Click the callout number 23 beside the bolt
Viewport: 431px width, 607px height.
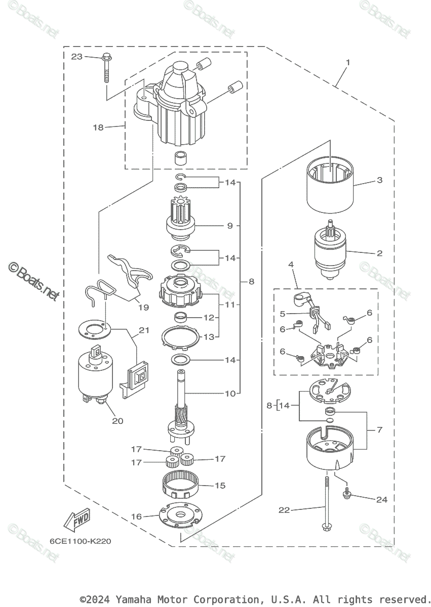[x=77, y=57]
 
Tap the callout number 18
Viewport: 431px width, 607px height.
[x=98, y=127]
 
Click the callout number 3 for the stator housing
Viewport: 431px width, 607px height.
[x=380, y=180]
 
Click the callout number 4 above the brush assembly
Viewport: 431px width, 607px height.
[x=291, y=264]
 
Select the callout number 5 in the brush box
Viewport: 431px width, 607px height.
[x=283, y=314]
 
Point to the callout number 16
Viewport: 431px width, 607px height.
[x=136, y=516]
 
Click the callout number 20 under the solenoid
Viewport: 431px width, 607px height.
[x=117, y=421]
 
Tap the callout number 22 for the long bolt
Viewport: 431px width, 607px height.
[x=284, y=510]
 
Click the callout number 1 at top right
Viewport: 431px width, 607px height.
[x=348, y=63]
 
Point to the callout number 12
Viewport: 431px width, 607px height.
[x=209, y=317]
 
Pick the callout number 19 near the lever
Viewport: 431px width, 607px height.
[x=143, y=308]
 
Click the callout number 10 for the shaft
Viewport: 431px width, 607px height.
[x=230, y=394]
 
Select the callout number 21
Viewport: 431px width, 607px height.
[x=144, y=330]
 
